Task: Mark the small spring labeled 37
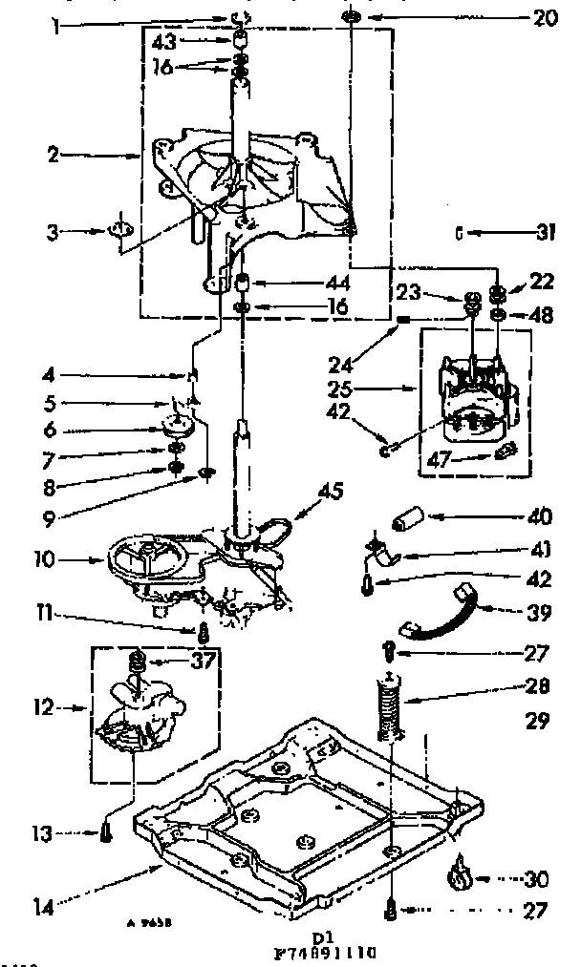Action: coord(137,661)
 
